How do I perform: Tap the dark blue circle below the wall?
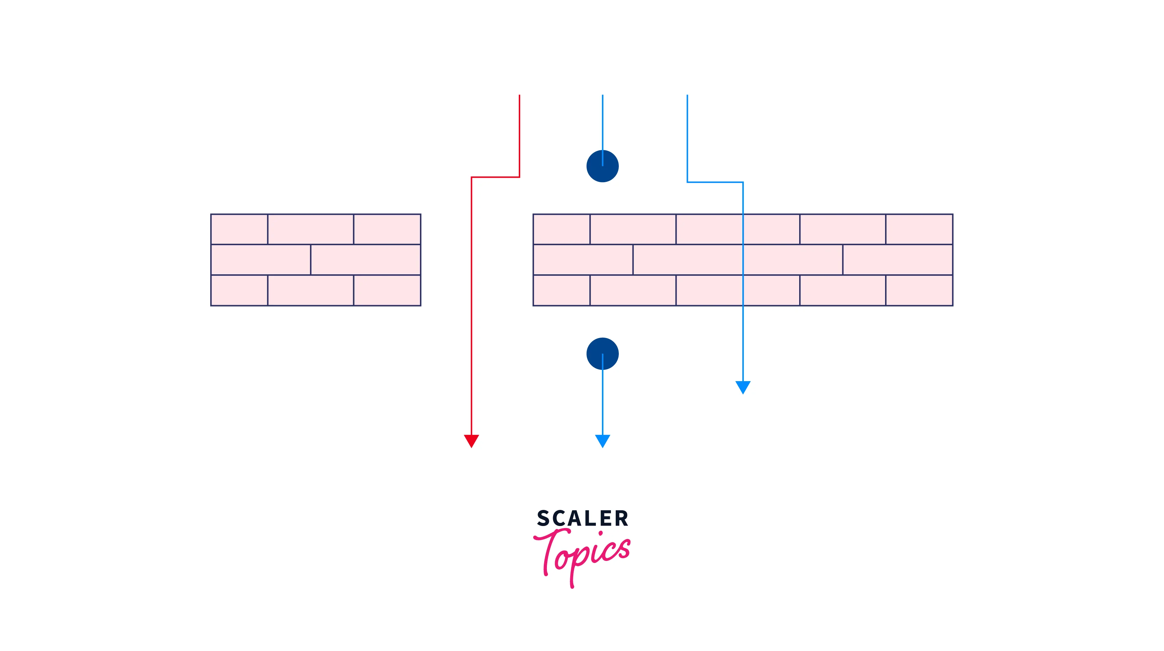tap(602, 353)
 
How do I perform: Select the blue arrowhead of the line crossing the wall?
tap(743, 387)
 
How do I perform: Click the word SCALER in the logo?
tap(583, 518)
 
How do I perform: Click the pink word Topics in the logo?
tap(583, 554)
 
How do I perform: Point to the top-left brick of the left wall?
tap(239, 229)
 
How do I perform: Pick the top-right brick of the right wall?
tap(919, 229)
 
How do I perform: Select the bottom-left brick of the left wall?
tap(239, 290)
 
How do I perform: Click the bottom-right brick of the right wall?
tap(919, 290)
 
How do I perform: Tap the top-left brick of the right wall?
tap(561, 229)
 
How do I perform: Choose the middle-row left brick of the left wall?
tap(261, 260)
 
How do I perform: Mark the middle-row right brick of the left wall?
tap(366, 260)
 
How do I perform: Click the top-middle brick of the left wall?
tap(310, 229)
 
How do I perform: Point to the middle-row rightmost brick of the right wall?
tap(897, 260)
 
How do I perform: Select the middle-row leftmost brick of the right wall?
tap(583, 260)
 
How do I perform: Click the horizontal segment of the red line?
tap(495, 177)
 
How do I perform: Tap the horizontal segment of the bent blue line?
tap(715, 182)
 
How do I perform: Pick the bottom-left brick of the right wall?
tap(561, 290)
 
